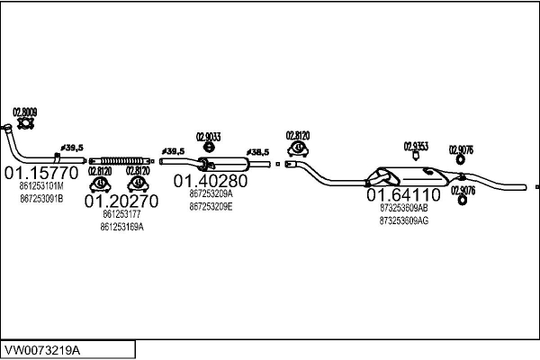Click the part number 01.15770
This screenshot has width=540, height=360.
click(x=42, y=171)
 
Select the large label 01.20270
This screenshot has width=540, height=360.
click(x=121, y=202)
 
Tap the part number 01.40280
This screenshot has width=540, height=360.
click(x=211, y=180)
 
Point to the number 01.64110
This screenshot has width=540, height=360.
click(x=402, y=194)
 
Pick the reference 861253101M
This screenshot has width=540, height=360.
click(x=41, y=186)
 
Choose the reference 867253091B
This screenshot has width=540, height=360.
click(x=41, y=197)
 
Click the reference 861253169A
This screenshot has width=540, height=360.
click(x=122, y=226)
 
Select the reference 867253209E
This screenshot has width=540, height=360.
click(x=211, y=206)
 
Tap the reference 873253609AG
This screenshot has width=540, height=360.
click(x=404, y=219)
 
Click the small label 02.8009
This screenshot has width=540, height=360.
click(x=24, y=111)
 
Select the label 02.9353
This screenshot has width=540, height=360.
click(x=415, y=146)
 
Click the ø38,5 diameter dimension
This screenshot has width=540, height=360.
click(x=258, y=153)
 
